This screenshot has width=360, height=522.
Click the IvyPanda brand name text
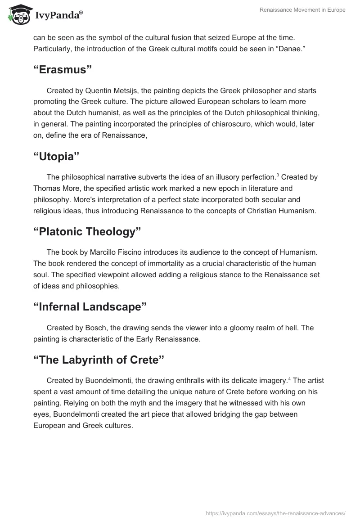[58, 16]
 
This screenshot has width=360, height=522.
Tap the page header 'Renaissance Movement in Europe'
[302, 10]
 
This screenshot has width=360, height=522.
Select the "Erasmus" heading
[63, 70]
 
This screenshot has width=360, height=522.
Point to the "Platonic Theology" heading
[87, 232]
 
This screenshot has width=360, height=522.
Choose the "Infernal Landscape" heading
[90, 307]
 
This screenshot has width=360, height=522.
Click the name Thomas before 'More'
[47, 188]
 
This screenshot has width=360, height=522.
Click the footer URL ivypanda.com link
[275, 513]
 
